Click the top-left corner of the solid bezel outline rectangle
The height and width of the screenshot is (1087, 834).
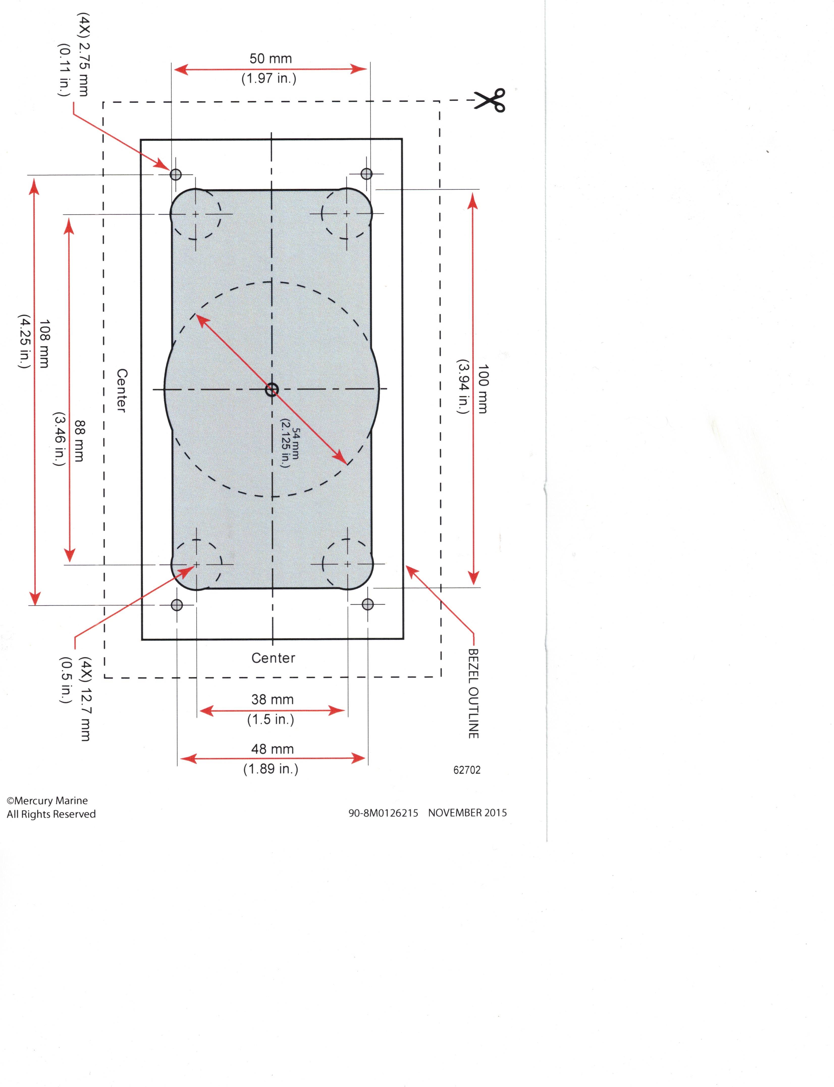pos(141,140)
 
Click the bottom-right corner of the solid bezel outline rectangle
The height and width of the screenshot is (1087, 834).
pos(403,639)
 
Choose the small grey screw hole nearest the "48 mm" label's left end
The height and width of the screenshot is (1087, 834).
pos(177,605)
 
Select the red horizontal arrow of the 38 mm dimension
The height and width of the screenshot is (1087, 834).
pos(272,711)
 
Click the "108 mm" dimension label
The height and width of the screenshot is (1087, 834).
pos(44,344)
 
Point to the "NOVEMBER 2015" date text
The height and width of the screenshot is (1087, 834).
pos(468,813)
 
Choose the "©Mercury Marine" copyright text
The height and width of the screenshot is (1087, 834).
pos(47,800)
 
